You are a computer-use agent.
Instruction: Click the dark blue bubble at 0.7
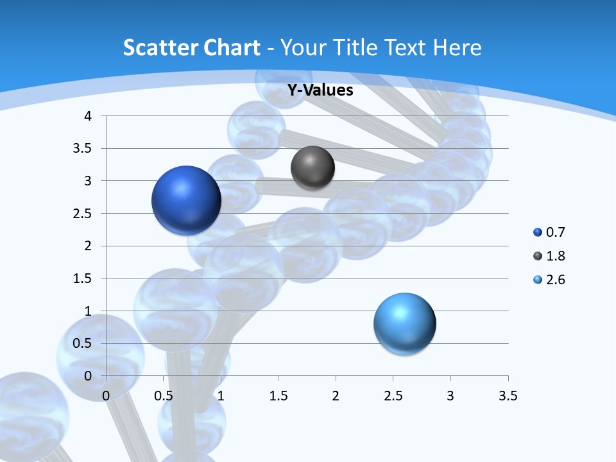click(187, 200)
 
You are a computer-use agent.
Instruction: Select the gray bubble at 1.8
click(312, 168)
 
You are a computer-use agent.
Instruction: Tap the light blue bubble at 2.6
click(404, 323)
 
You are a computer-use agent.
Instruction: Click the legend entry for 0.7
click(549, 232)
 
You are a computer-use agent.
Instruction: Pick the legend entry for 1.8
click(549, 256)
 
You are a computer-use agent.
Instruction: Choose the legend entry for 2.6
click(549, 280)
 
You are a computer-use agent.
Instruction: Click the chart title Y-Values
click(320, 90)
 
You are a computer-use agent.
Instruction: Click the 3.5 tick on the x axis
click(508, 396)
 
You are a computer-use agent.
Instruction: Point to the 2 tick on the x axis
click(335, 396)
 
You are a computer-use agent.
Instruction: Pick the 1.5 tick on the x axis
click(278, 396)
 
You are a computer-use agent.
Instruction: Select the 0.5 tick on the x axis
click(163, 396)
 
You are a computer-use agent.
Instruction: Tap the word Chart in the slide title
click(232, 47)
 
